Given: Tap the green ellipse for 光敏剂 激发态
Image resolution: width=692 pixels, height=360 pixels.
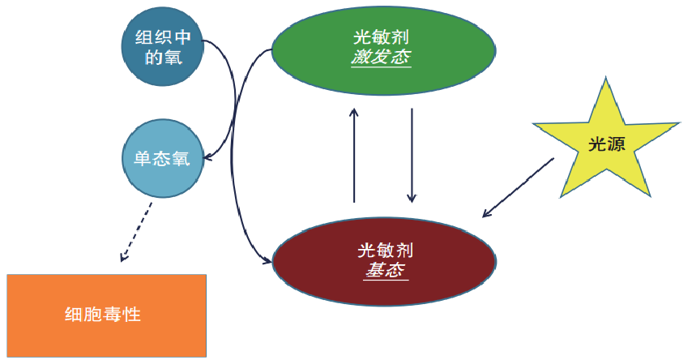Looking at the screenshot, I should (x=382, y=49).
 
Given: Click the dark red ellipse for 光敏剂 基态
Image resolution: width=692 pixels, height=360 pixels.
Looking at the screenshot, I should (x=383, y=259).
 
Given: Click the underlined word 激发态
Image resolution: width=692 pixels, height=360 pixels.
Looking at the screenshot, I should (x=382, y=58).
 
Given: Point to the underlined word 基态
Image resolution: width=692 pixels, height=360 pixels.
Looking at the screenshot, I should (x=384, y=271).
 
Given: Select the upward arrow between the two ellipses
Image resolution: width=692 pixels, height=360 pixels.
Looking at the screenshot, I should (x=354, y=154).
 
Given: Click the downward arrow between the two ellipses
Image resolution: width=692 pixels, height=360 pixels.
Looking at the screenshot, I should (x=412, y=154).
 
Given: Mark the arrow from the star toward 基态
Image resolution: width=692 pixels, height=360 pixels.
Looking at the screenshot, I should (x=519, y=187).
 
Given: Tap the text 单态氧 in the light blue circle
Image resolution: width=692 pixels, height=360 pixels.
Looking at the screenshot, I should (x=161, y=157).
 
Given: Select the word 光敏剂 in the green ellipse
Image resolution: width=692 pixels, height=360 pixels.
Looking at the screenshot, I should (x=382, y=37).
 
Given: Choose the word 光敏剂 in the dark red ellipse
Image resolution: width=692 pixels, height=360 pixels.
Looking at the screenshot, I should (x=384, y=251).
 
